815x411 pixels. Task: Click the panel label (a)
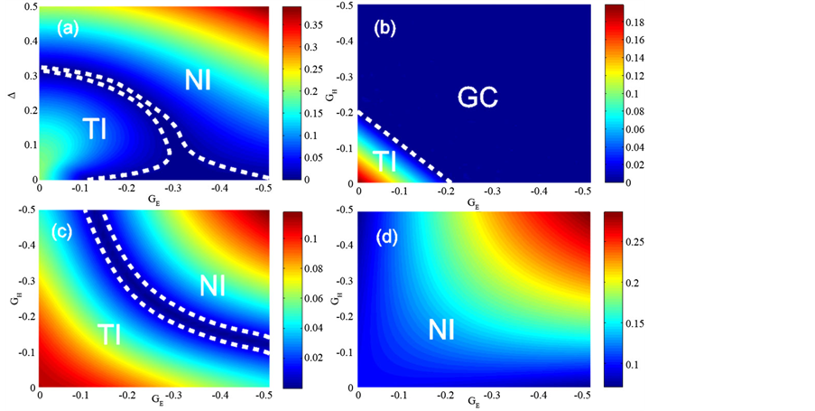(x=69, y=27)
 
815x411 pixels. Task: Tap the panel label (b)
(x=389, y=27)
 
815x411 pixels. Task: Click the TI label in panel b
(x=385, y=161)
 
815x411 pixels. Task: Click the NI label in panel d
(x=436, y=332)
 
